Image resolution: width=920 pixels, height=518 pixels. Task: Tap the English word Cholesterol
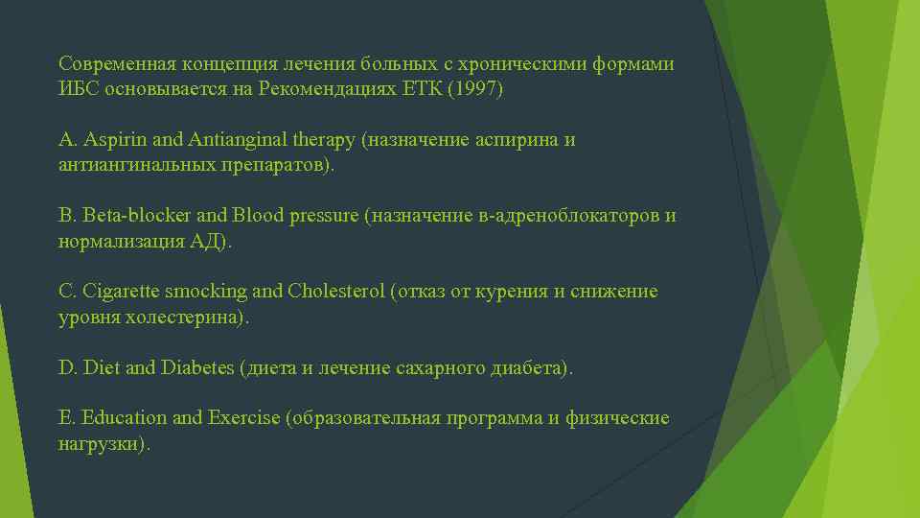tap(334, 292)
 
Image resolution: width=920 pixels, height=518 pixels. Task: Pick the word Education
tap(125, 418)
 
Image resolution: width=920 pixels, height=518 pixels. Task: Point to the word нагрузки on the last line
tap(101, 444)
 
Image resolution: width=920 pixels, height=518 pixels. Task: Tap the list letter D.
tap(66, 367)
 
